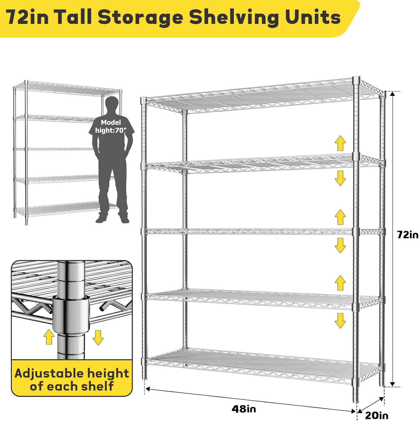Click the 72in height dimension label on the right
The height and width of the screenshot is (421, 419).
(x=407, y=235)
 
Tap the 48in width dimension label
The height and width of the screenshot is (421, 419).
(x=244, y=409)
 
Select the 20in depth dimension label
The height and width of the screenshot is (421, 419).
(x=377, y=415)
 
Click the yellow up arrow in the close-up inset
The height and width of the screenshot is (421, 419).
(x=49, y=337)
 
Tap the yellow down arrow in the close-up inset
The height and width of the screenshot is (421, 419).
(x=98, y=338)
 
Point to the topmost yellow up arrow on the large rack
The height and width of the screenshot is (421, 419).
(x=340, y=143)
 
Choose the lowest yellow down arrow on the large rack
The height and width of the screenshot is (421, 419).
(x=340, y=321)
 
